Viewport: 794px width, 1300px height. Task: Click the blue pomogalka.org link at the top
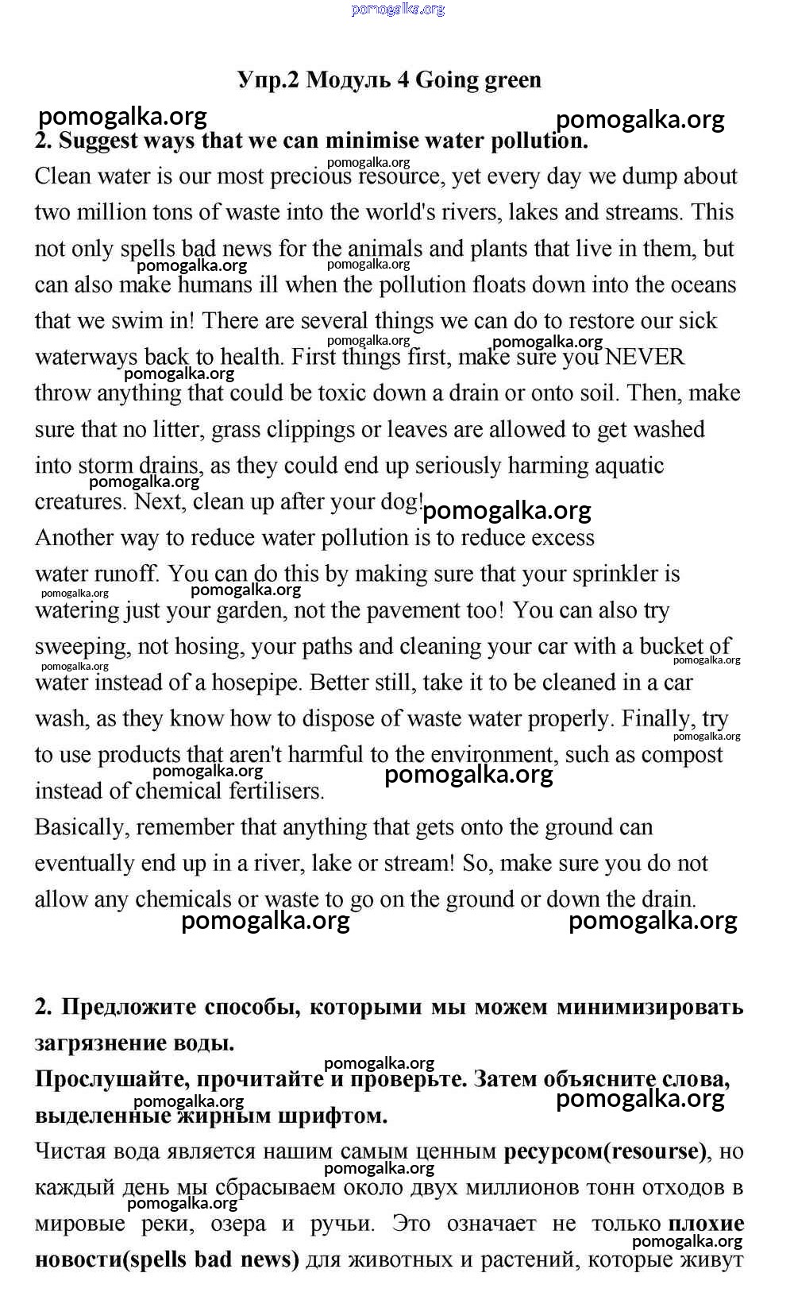397,10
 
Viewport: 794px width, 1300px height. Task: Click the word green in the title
503,80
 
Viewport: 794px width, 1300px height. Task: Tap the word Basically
82,827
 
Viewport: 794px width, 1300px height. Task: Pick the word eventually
84,864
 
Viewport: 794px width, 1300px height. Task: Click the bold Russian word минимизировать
649,1007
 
